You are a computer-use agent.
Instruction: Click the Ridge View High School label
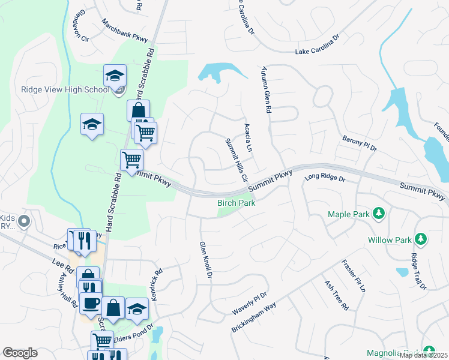pos(65,90)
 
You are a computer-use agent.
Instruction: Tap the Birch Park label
pos(237,203)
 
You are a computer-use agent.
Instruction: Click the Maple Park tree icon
pos(379,214)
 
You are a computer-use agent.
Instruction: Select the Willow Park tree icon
pos(421,240)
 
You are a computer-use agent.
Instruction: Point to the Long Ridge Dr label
pos(325,178)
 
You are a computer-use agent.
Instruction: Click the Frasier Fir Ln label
pos(354,275)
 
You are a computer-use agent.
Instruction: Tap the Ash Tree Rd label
pos(336,295)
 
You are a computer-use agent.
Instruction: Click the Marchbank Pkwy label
pos(125,31)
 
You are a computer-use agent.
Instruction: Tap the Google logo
pos(20,353)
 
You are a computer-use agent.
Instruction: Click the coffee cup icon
pos(91,303)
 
